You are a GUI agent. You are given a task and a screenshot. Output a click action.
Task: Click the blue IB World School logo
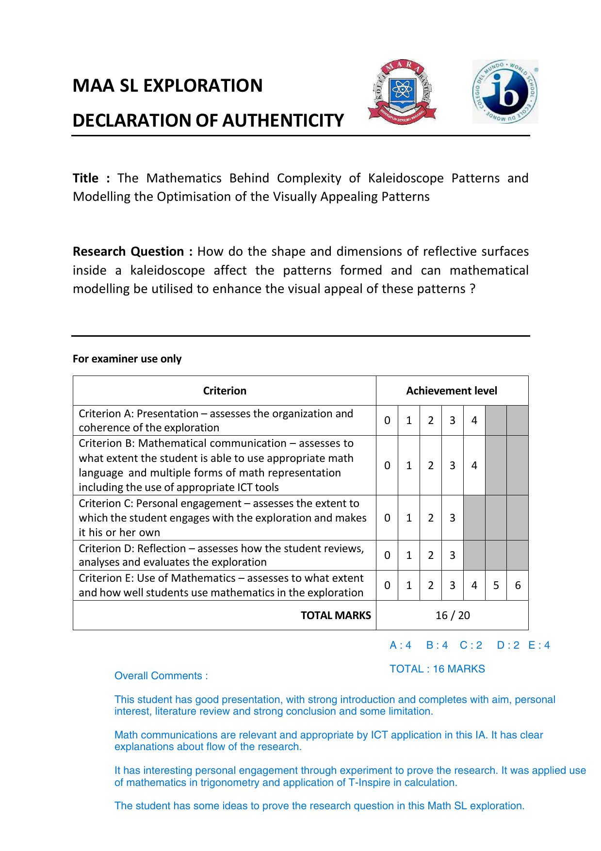click(505, 92)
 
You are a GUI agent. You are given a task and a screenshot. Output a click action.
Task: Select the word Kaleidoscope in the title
click(406, 178)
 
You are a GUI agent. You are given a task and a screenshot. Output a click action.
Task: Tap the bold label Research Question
click(128, 251)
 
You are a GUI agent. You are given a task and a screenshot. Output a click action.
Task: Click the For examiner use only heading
click(127, 359)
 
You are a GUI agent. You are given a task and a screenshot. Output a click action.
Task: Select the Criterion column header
click(225, 391)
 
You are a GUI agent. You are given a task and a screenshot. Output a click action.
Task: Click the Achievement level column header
click(452, 391)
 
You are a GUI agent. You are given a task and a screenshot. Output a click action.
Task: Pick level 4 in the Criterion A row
click(474, 421)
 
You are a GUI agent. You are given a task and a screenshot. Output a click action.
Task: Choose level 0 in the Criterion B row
click(387, 466)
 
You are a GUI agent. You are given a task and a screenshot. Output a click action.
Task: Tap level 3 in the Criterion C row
click(452, 518)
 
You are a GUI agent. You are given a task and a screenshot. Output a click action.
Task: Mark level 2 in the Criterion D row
click(430, 556)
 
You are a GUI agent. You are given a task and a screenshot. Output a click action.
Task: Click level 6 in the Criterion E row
click(518, 586)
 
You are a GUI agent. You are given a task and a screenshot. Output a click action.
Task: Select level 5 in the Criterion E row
click(496, 586)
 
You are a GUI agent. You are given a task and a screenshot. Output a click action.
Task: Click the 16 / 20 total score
click(453, 616)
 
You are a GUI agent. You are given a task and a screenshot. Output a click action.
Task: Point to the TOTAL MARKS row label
click(336, 616)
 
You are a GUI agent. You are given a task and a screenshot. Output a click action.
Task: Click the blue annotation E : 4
click(539, 645)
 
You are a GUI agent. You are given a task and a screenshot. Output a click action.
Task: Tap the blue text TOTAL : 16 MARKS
click(437, 669)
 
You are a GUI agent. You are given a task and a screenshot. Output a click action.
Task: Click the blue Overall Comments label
click(161, 676)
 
